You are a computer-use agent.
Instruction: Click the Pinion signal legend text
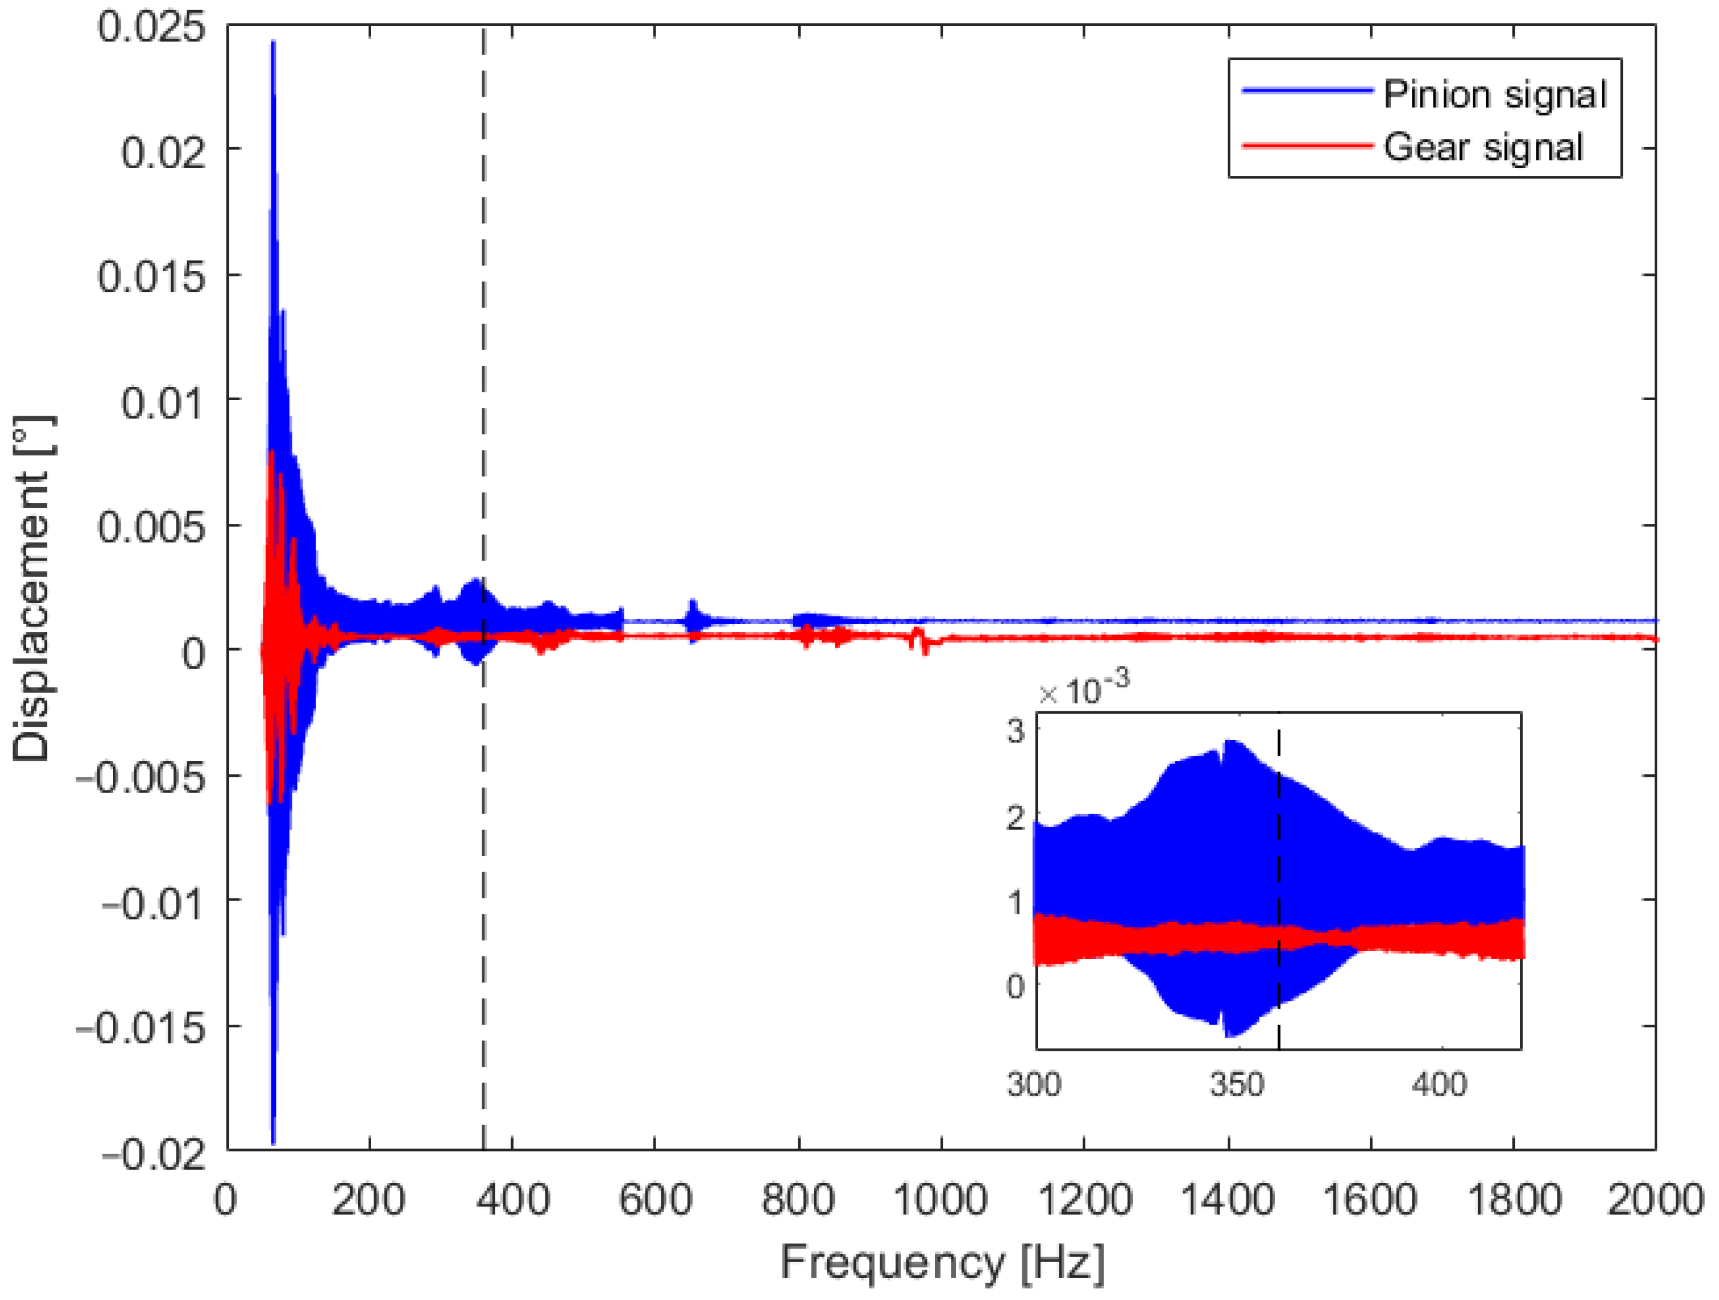1494,95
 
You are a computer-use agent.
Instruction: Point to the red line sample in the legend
1307,145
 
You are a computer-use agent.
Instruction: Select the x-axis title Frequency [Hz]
942,1262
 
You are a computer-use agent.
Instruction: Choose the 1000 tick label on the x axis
941,1199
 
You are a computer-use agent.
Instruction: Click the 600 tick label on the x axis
655,1199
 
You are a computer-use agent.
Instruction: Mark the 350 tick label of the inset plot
1237,1084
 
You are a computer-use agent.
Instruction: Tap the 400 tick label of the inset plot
1439,1084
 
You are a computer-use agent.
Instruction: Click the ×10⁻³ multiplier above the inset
1084,689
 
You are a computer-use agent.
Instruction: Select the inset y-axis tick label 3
1016,731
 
